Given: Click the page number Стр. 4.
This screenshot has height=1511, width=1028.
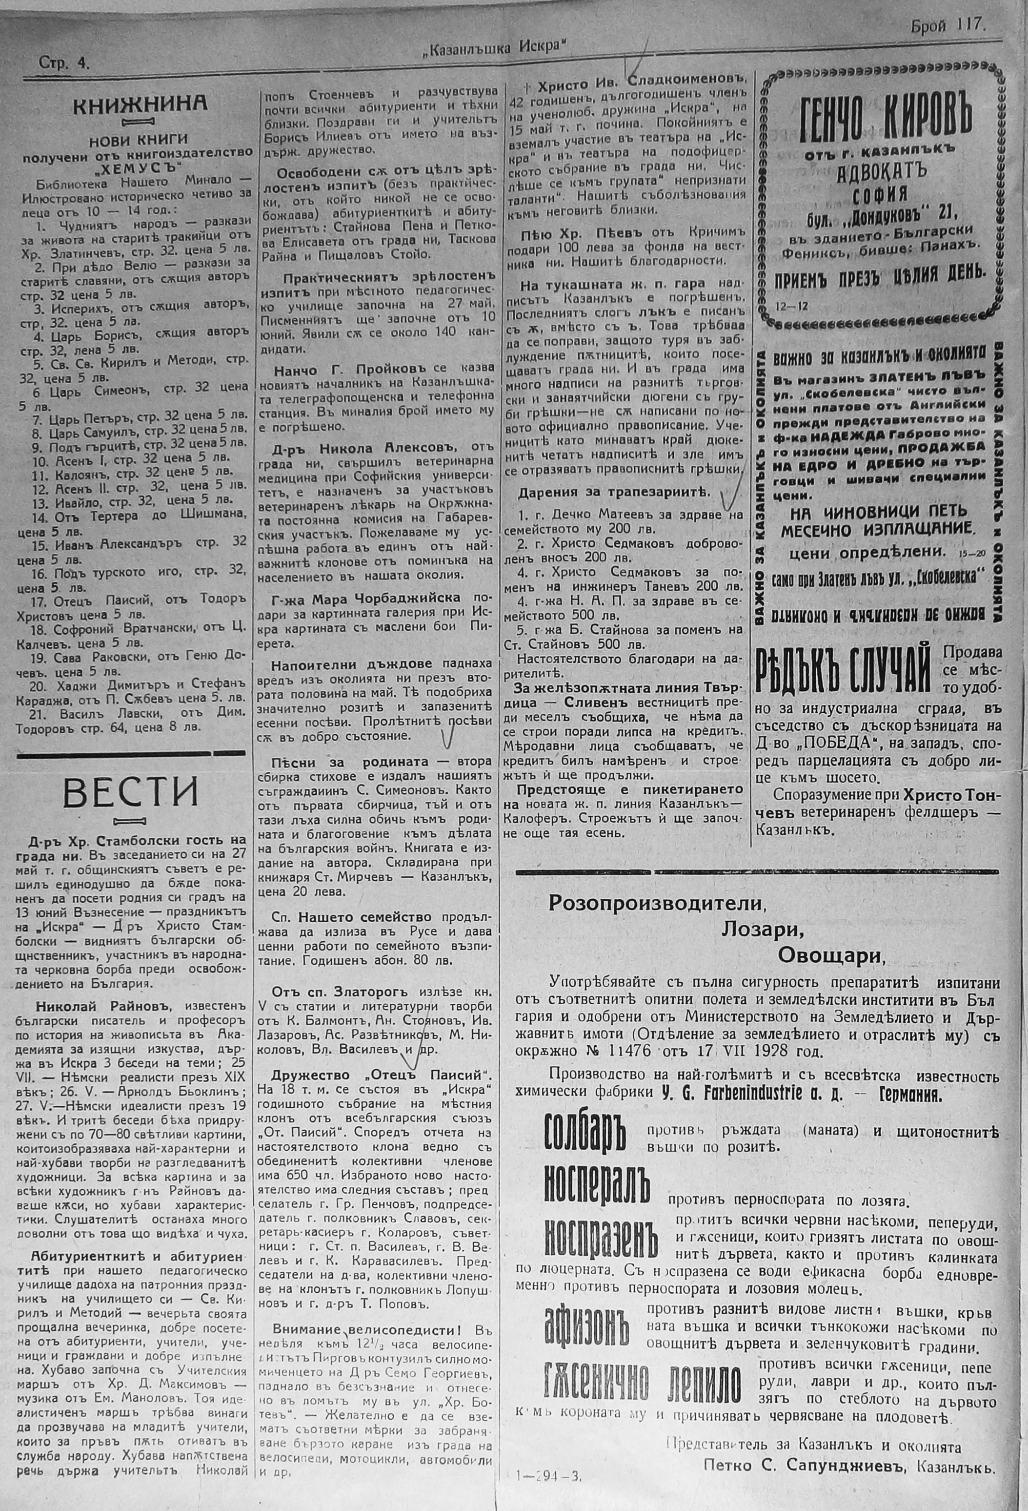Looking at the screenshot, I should coord(64,63).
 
